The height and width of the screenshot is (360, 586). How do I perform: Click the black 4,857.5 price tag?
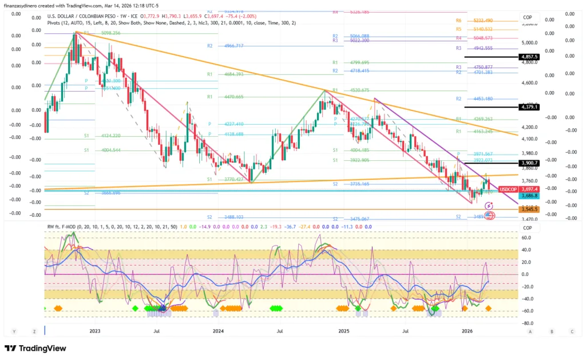pos(528,57)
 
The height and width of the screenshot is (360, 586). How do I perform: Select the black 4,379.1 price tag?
pos(528,107)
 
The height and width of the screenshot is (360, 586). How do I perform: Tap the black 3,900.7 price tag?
pos(528,163)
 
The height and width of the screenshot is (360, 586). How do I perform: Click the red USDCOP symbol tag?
pos(508,189)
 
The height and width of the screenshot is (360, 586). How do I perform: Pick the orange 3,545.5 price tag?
pos(528,209)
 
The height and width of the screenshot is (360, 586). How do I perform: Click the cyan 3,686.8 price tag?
pos(528,196)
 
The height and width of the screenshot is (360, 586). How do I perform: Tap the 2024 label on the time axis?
pos(218,331)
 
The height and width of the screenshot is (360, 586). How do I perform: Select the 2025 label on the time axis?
pos(343,331)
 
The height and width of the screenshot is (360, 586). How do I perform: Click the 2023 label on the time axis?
pos(94,331)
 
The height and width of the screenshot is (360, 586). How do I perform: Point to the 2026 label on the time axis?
pos(467,331)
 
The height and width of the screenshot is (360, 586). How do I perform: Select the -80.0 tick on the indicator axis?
pos(525,323)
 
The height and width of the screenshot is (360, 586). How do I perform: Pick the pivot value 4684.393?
pos(233,74)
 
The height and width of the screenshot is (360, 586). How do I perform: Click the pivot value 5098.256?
pos(110,33)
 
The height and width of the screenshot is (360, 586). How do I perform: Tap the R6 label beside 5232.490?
pos(459,21)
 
